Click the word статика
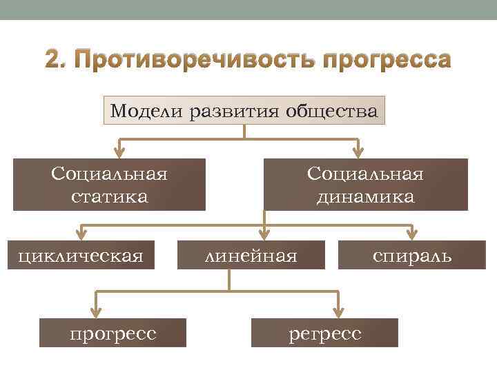(109, 196)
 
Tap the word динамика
(365, 196)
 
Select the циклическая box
(81, 256)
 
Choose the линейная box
(252, 256)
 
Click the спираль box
(412, 256)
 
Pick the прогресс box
(113, 333)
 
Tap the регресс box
(324, 333)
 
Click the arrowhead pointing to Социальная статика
(119, 151)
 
